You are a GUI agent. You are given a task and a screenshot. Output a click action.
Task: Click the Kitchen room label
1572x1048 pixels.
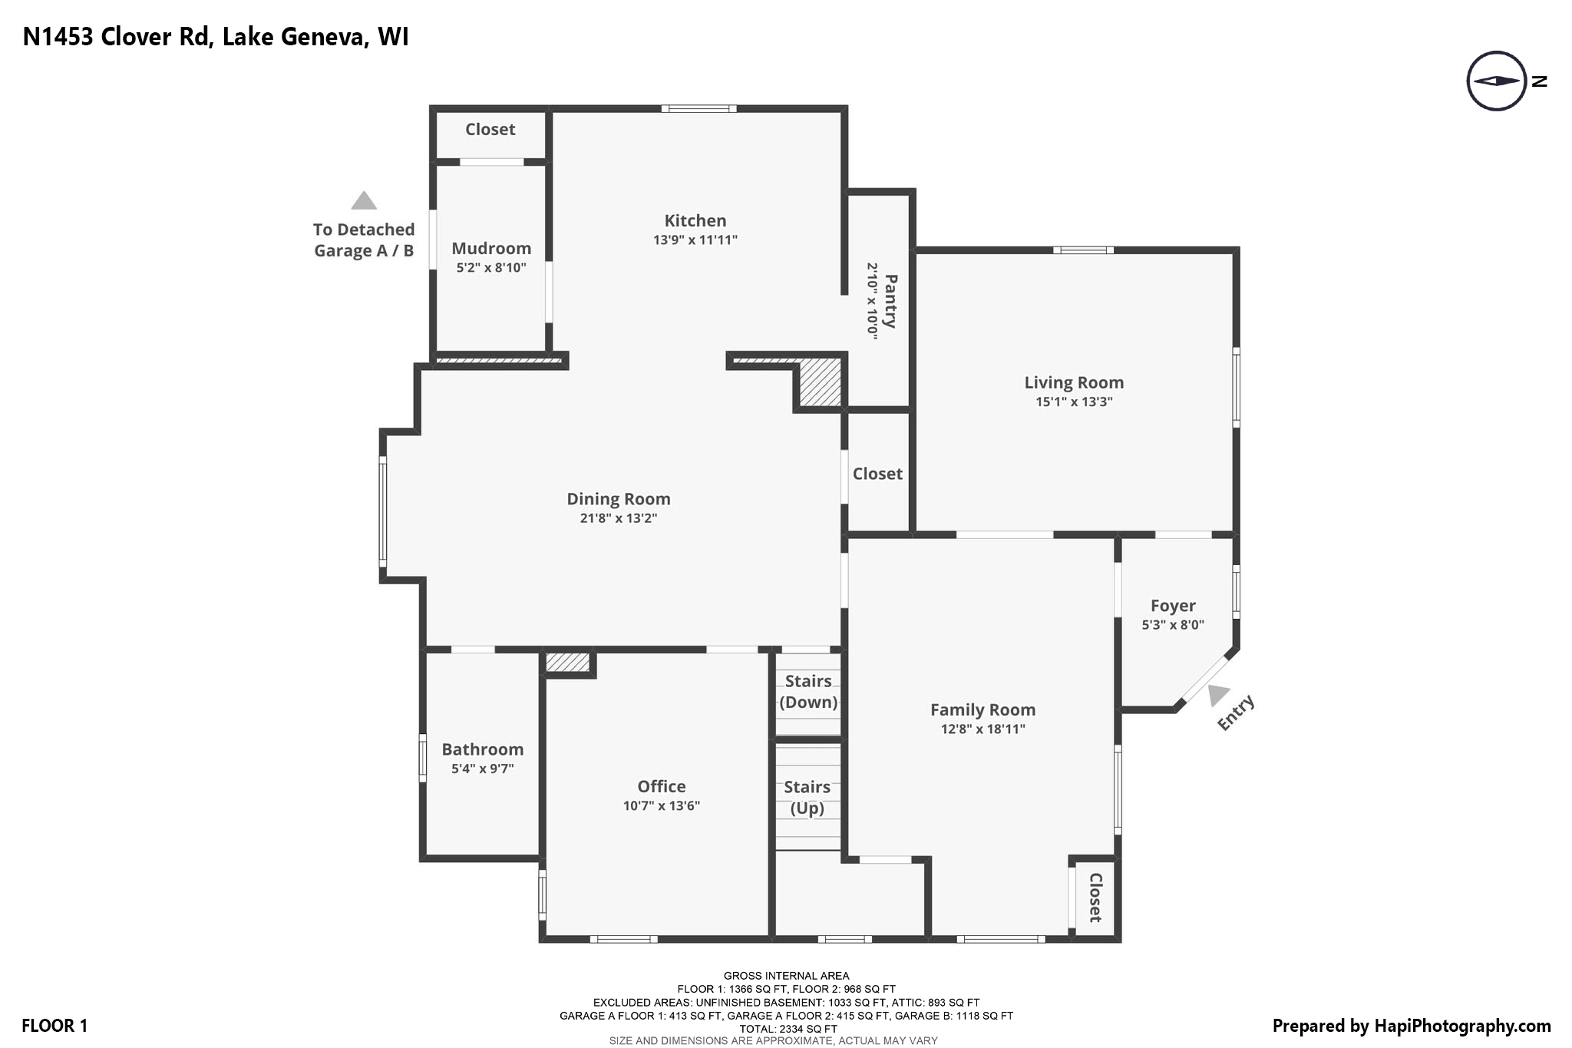[695, 221]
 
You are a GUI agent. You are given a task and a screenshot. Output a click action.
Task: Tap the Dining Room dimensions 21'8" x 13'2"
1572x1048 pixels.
[618, 518]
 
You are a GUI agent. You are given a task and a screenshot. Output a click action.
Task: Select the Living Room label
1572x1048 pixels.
[1073, 382]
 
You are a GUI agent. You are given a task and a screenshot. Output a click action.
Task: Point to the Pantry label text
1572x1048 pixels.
[890, 301]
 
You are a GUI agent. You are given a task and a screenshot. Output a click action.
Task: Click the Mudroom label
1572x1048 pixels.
[491, 249]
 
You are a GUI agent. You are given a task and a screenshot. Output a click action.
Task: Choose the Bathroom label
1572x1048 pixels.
[482, 749]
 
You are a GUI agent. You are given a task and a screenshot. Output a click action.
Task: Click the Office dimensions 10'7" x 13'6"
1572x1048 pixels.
[661, 805]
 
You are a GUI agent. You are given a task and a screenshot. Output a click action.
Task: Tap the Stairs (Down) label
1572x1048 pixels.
[807, 692]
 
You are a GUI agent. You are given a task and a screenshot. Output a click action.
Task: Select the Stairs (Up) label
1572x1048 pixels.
[807, 798]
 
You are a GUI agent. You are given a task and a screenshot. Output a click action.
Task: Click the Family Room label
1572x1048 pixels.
[982, 710]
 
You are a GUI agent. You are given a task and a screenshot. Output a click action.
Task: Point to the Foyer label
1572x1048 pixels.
[1172, 606]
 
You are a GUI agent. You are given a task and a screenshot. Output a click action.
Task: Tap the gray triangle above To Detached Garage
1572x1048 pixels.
[364, 201]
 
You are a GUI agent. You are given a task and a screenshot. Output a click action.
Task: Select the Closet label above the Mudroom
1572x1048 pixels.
[490, 130]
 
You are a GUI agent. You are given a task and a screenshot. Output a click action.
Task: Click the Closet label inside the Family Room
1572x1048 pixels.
[1095, 898]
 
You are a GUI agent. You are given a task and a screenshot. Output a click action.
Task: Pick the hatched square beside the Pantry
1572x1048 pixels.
[820, 382]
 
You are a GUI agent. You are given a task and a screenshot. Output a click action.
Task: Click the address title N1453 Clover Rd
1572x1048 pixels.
[215, 37]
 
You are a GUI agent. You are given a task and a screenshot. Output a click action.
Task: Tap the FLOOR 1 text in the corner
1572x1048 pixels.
[54, 1026]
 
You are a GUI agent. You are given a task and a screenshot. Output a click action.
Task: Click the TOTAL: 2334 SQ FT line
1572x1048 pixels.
[788, 1029]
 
